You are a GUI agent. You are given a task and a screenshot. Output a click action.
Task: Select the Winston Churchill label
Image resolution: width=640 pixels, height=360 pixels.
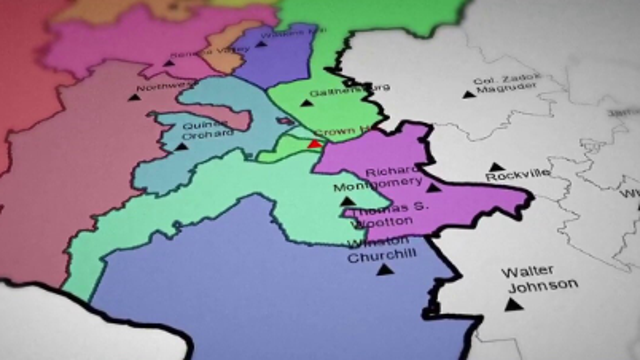pos(378,250)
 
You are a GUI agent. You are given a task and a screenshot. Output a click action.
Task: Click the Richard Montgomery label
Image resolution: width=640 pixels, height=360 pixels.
pos(396,177)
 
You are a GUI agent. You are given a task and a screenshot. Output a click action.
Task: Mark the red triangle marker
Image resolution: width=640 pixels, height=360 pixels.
pos(314,144)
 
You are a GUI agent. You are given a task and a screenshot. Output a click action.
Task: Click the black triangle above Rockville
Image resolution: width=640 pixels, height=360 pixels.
pos(495,166)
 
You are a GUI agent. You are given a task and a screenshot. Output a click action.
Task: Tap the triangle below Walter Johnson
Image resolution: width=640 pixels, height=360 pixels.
pos(513,303)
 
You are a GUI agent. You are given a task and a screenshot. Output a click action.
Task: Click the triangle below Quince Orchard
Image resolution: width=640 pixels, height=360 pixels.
pos(181,146)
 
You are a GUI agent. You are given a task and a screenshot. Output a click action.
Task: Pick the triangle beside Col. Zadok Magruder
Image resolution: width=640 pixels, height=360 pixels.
pos(468,93)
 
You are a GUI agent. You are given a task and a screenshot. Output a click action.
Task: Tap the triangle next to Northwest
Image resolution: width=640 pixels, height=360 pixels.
pos(133,97)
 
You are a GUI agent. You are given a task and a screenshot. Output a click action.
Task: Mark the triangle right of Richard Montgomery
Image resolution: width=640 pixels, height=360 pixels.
pos(432,186)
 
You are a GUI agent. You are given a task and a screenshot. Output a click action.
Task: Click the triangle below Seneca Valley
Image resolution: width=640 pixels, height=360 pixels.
pos(169,63)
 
